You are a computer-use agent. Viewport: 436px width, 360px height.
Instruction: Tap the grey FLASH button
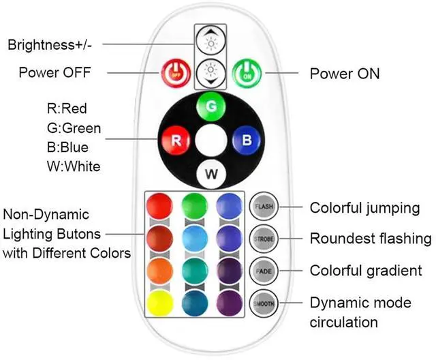tap(263, 206)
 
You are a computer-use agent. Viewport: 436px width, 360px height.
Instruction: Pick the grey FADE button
tap(263, 271)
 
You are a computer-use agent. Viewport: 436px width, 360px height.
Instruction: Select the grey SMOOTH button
tap(263, 303)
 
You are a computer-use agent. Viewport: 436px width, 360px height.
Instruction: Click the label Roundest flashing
tap(371, 239)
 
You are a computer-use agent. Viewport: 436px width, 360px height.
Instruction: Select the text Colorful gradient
tap(366, 271)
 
